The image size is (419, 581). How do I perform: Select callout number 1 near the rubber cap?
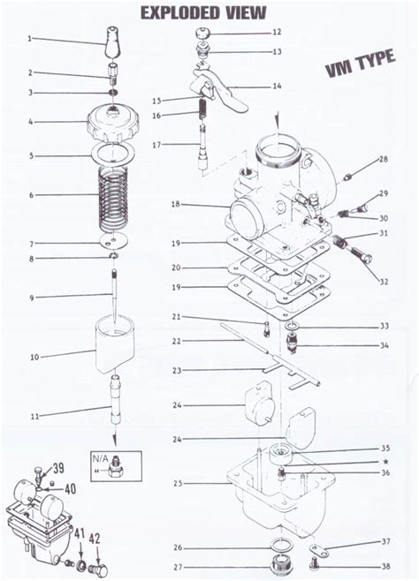pos(30,39)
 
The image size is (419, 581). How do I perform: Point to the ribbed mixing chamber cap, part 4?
pos(112,123)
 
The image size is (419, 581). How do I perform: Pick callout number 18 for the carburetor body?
pos(175,204)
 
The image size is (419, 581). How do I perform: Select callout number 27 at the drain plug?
pos(178,567)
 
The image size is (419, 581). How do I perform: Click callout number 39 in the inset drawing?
pos(58,468)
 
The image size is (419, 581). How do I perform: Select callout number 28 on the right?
pos(383,159)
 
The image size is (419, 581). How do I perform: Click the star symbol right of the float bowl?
pos(385,462)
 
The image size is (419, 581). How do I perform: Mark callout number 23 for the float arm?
pos(176,370)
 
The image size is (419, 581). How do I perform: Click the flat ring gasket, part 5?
pos(111,155)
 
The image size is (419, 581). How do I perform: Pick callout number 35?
pos(385,449)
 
